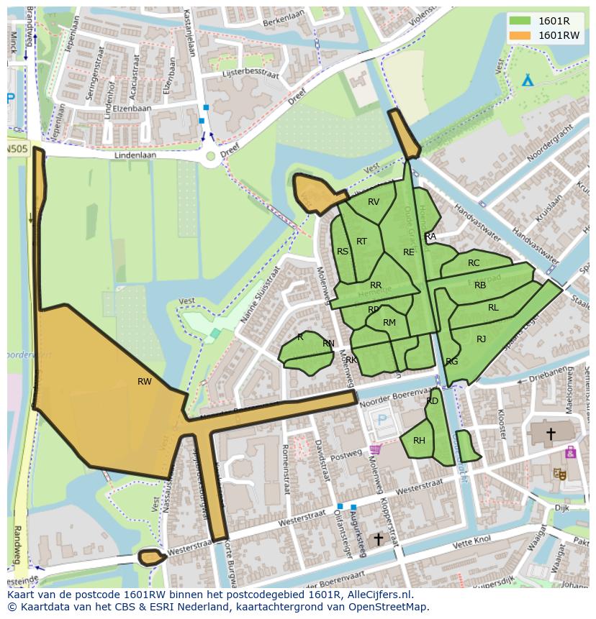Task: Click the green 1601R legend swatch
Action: pos(519,21)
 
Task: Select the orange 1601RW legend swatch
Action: pos(519,35)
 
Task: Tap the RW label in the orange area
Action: pos(145,382)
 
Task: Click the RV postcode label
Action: pos(373,202)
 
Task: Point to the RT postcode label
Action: pos(361,242)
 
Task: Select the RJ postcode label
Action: pos(481,339)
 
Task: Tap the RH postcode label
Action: pos(419,441)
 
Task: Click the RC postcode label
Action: pos(473,263)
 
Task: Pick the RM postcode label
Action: pos(389,323)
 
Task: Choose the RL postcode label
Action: pos(493,308)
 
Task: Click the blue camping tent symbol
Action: pos(528,79)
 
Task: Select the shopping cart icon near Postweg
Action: pos(374,450)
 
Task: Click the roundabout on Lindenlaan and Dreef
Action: pos(210,155)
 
